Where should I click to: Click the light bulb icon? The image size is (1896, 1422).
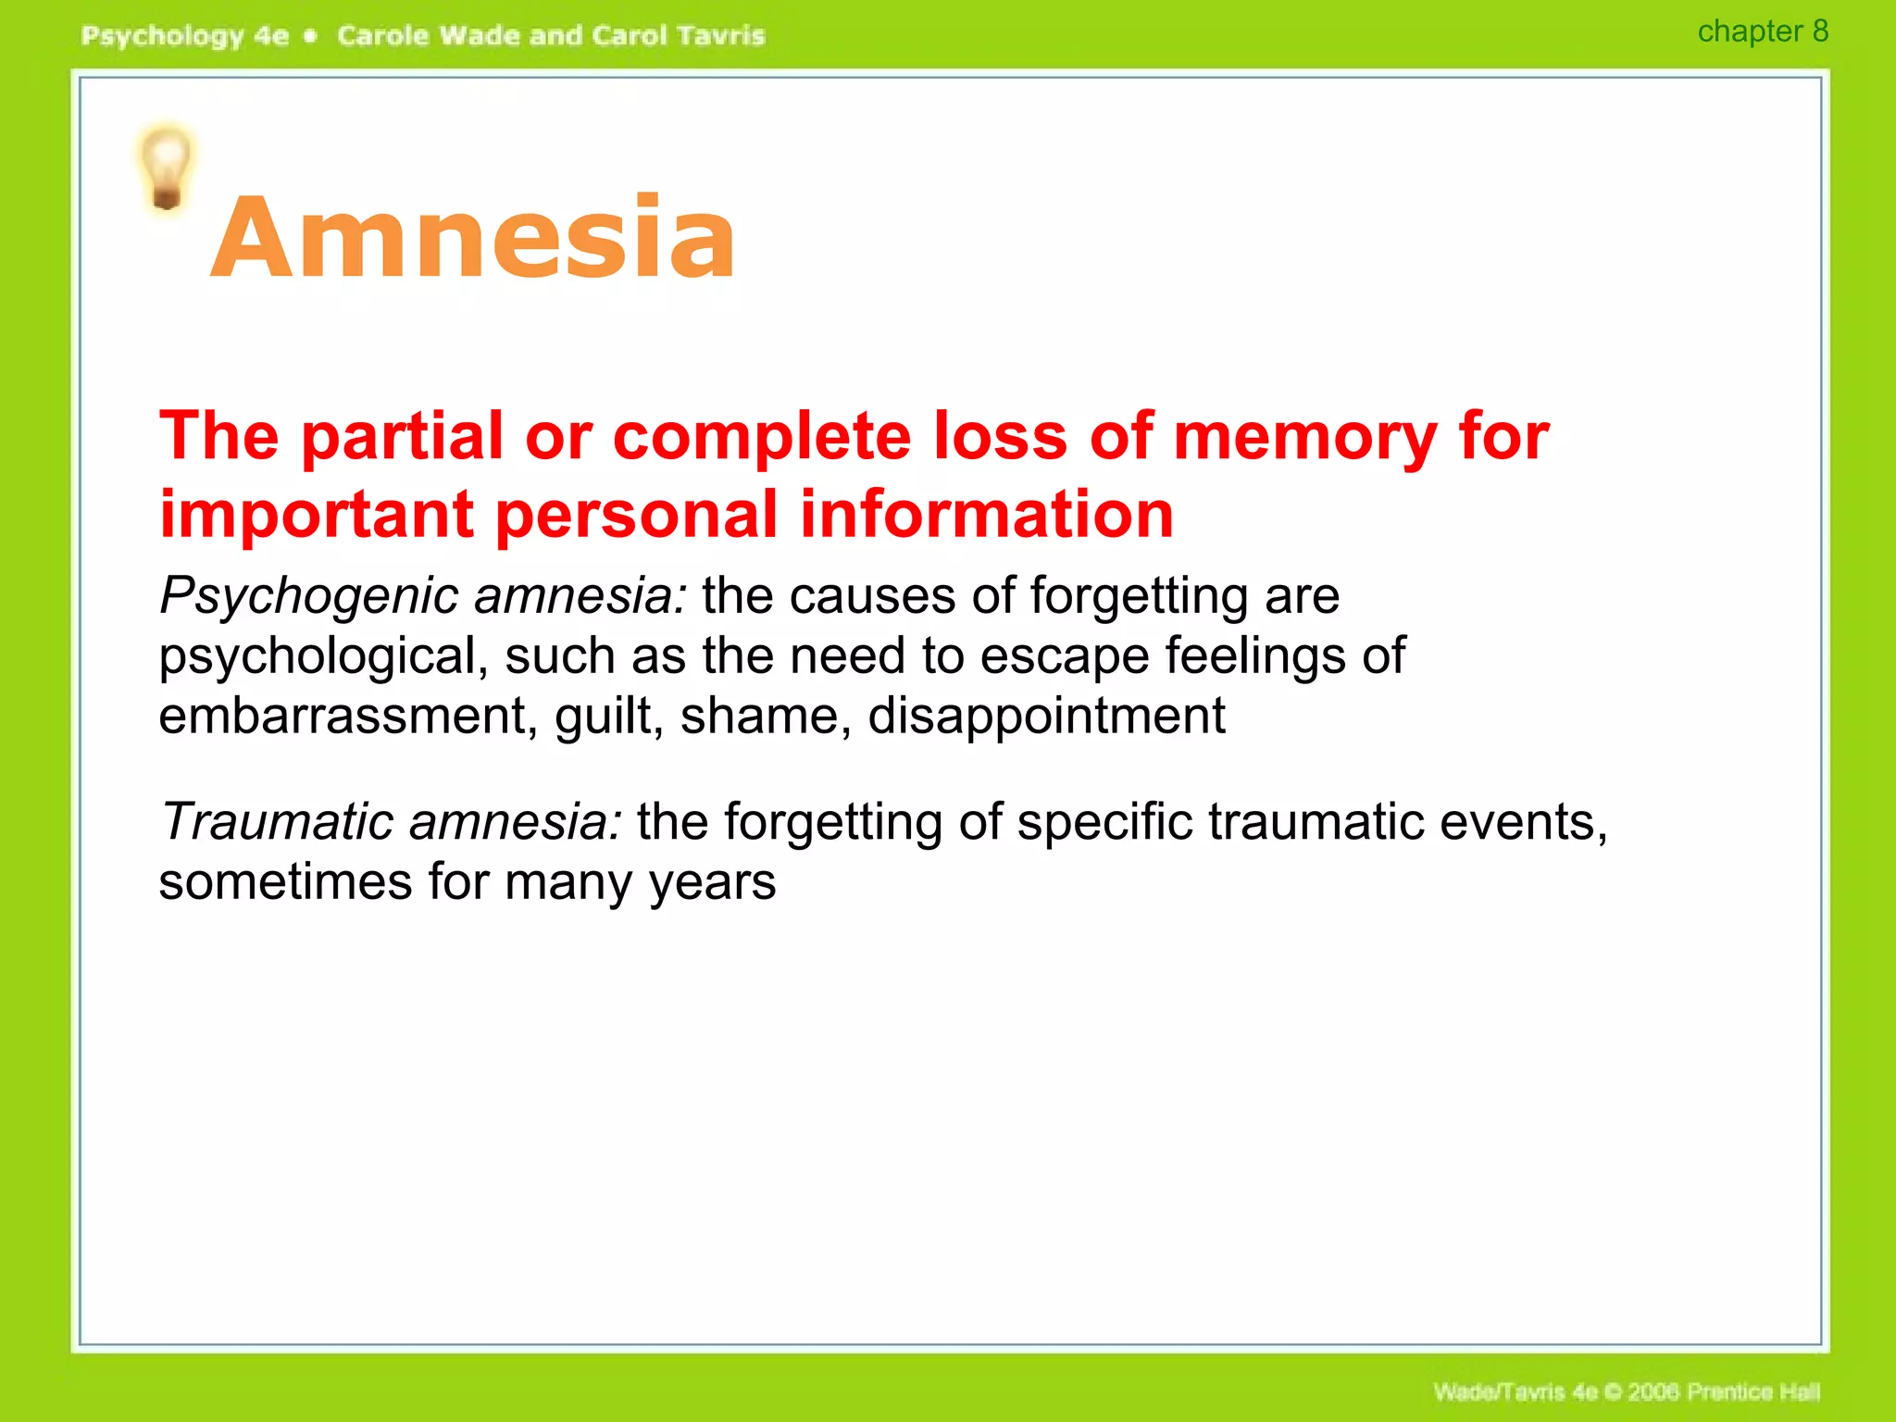167,168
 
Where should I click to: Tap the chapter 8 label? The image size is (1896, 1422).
1762,31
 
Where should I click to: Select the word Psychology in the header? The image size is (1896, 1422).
162,37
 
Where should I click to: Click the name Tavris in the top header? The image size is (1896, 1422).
720,36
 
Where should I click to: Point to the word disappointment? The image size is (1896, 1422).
1046,717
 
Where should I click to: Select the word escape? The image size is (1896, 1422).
1063,657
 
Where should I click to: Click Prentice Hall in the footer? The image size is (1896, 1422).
1753,1391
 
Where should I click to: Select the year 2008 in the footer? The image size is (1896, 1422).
1654,1391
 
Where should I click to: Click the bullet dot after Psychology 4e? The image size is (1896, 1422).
311,36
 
